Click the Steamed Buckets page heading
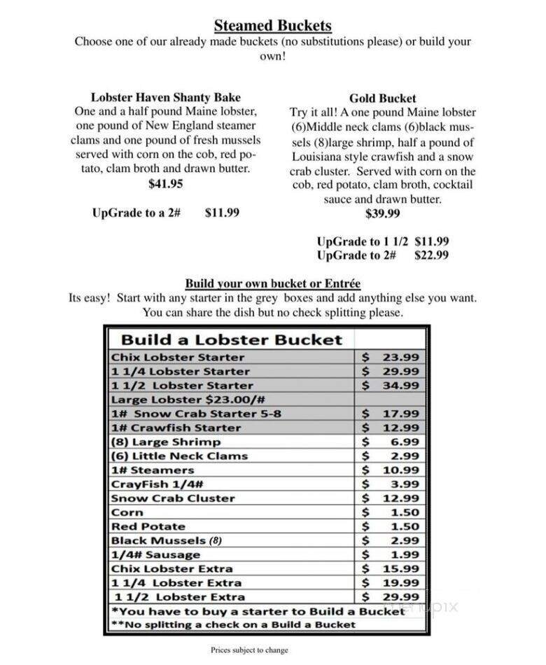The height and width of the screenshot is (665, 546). coord(272,26)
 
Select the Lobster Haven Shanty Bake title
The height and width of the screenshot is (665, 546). coord(166,97)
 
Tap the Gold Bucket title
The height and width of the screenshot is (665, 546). coord(382,99)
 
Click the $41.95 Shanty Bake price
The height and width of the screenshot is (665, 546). coord(166,184)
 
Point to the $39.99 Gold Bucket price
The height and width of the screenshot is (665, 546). coord(383,213)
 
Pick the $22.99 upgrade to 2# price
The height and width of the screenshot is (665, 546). coord(431,255)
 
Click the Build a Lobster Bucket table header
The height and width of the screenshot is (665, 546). coord(232,339)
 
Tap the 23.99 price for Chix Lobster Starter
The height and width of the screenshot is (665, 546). coord(400,357)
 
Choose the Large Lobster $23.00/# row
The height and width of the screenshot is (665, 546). coord(187,399)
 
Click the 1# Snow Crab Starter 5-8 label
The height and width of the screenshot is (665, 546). coord(196,413)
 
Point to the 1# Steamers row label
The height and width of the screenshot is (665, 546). coord(152,470)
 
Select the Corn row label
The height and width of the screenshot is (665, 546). coord(127,512)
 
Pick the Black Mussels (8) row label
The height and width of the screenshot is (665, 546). coord(166,540)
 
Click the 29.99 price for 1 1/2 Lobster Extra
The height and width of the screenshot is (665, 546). coord(400,596)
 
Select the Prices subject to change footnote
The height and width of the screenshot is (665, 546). coord(249,650)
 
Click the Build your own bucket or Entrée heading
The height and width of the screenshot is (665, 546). coord(272,283)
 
